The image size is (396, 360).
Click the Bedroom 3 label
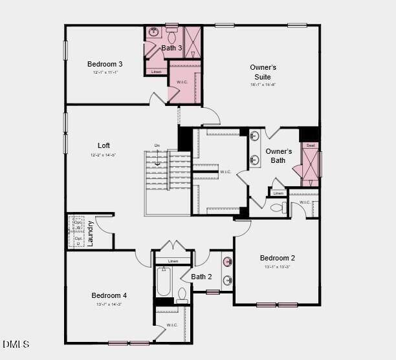(105, 64)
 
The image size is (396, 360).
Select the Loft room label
(104, 145)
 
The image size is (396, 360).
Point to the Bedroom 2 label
(277, 259)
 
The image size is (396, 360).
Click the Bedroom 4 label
(109, 295)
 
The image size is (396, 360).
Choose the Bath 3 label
(171, 48)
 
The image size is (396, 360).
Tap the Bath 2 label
(201, 277)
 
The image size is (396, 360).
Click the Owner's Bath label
(279, 156)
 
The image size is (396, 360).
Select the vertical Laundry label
(91, 233)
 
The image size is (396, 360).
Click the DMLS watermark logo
(16, 344)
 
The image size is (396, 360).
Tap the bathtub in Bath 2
(163, 282)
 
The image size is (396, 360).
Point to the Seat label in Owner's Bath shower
(311, 145)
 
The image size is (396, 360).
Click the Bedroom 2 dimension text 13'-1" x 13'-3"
(277, 267)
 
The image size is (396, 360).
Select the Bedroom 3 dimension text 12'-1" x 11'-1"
(105, 72)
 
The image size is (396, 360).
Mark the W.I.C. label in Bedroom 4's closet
(172, 324)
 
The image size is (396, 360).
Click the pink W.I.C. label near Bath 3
(182, 82)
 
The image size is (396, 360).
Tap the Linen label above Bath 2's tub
(173, 261)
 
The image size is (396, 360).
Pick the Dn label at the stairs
(157, 145)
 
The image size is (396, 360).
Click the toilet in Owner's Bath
(277, 207)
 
